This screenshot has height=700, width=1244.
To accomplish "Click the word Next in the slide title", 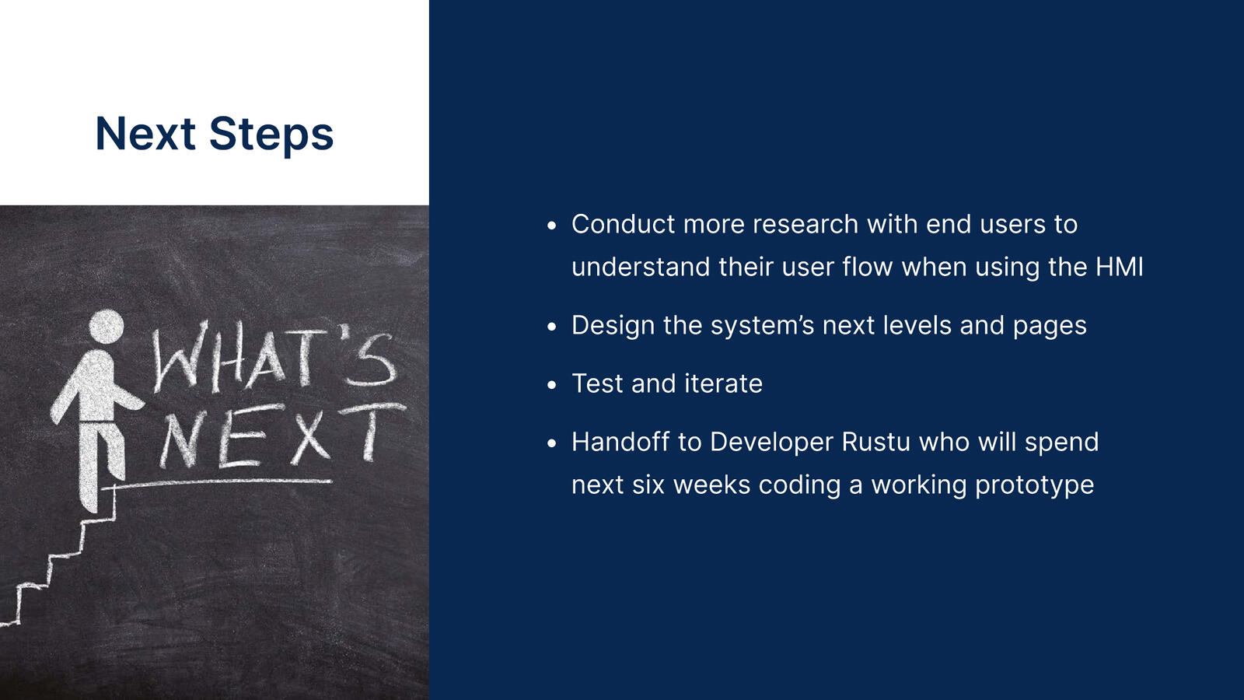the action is point(145,133).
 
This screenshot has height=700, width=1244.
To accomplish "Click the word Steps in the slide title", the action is point(271,136).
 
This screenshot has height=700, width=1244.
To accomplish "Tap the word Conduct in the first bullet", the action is point(623,225).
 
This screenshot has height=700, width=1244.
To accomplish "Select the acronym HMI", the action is point(1119,267).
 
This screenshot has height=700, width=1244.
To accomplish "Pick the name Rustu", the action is point(875,443).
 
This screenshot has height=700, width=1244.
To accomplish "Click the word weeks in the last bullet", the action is point(712,485).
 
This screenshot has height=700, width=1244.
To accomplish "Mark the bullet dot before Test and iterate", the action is point(551,384).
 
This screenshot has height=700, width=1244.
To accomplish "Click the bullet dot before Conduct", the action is point(551,226).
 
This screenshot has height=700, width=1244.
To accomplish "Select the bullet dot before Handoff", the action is point(551,443).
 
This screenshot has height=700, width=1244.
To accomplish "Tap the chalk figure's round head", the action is point(107,326).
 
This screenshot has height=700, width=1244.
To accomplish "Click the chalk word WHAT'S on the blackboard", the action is point(274,357).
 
